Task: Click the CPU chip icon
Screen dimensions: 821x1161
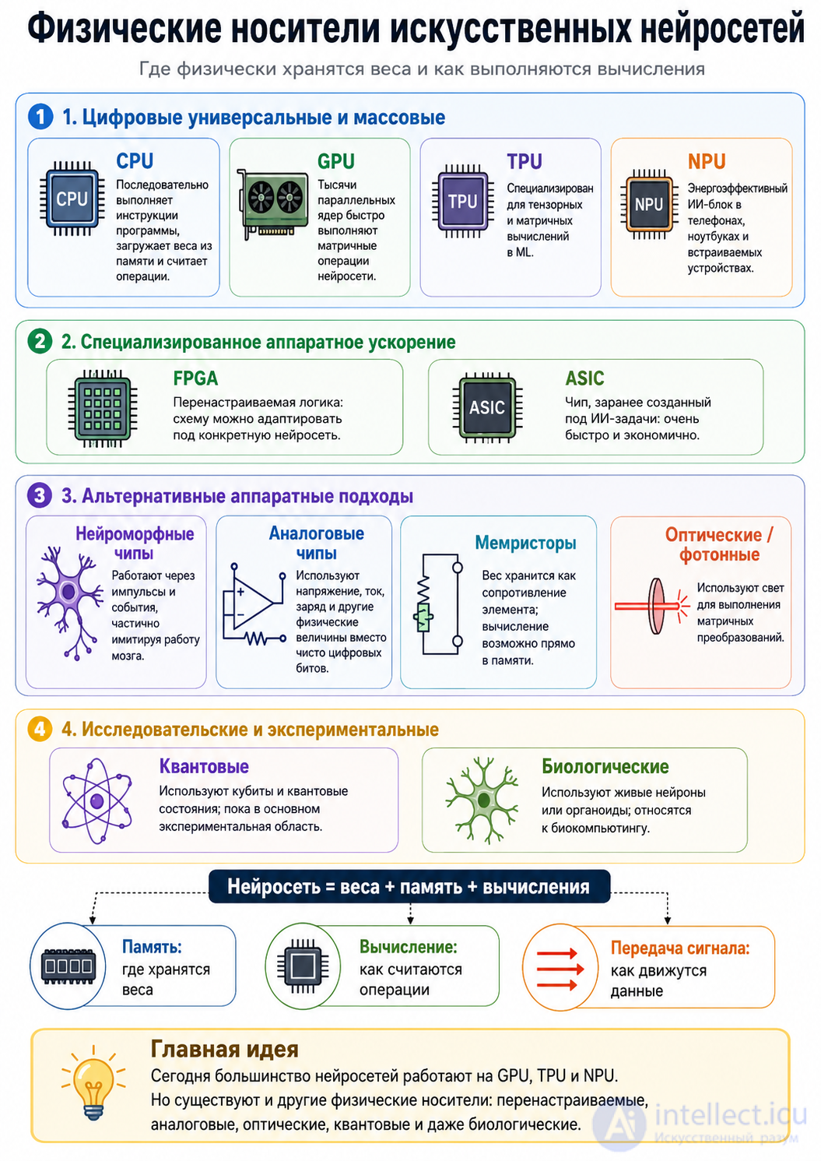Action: click(x=72, y=199)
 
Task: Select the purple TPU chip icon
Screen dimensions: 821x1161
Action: click(x=462, y=201)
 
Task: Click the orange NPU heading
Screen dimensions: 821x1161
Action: click(x=707, y=162)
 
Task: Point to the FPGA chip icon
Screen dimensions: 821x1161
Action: click(x=103, y=409)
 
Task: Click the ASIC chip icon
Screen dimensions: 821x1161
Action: click(x=487, y=407)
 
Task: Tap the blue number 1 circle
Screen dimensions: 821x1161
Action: click(x=40, y=117)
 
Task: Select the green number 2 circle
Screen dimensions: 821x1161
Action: click(x=40, y=342)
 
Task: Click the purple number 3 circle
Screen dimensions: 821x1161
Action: click(x=40, y=495)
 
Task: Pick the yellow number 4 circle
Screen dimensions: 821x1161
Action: click(x=40, y=729)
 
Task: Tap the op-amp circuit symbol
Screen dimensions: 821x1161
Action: click(x=254, y=604)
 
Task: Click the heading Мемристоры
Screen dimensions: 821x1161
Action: click(x=525, y=543)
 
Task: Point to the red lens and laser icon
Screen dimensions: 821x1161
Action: click(x=653, y=606)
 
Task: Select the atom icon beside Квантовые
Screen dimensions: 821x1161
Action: click(x=96, y=801)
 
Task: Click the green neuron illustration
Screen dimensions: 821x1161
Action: click(x=482, y=800)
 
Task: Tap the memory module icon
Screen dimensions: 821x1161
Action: click(x=68, y=966)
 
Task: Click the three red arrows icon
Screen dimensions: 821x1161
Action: click(x=560, y=969)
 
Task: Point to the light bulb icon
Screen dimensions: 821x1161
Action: click(x=93, y=1083)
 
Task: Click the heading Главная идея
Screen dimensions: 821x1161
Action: click(x=224, y=1050)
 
